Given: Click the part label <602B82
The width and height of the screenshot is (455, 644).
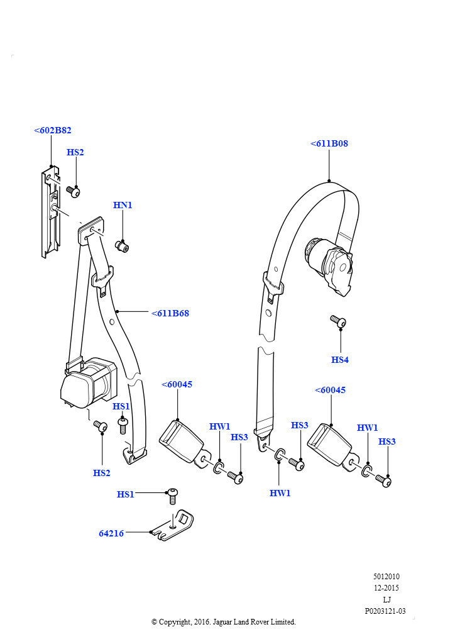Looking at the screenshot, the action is pyautogui.click(x=53, y=130).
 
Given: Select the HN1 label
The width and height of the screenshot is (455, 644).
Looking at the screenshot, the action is pyautogui.click(x=123, y=205).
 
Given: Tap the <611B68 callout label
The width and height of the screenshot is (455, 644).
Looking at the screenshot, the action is pyautogui.click(x=170, y=313).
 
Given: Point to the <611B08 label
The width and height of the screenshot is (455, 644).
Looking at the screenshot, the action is pyautogui.click(x=329, y=143).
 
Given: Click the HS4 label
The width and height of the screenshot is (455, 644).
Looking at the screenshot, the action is pyautogui.click(x=340, y=360).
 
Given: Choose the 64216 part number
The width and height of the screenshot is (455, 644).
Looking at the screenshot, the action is pyautogui.click(x=111, y=533).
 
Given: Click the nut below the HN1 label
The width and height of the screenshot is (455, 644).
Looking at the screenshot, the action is pyautogui.click(x=122, y=247).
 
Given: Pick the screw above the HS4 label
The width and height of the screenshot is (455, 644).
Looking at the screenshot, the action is pyautogui.click(x=338, y=321).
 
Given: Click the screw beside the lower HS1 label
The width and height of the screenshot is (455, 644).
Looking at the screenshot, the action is pyautogui.click(x=172, y=496).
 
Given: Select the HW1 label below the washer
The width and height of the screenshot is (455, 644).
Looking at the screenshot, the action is pyautogui.click(x=280, y=493).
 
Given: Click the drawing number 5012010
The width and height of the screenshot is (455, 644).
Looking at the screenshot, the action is pyautogui.click(x=386, y=576).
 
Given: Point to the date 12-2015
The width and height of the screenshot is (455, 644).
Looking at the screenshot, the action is pyautogui.click(x=386, y=588).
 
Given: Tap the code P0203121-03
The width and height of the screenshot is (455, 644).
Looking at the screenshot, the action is pyautogui.click(x=385, y=611).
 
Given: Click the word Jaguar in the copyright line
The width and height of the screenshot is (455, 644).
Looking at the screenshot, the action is pyautogui.click(x=222, y=622).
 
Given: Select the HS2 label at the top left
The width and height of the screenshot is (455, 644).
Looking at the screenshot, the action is pyautogui.click(x=75, y=152).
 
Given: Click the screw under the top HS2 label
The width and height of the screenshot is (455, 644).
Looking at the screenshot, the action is pyautogui.click(x=73, y=191).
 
